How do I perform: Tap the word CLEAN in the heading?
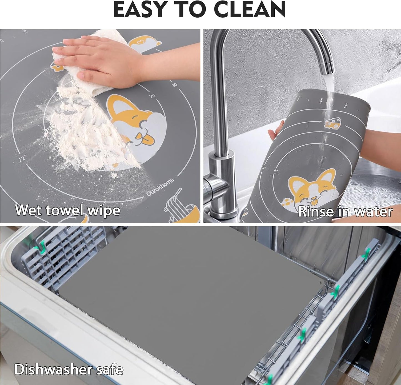[x=250, y=10]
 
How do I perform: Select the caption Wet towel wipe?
[x=68, y=210]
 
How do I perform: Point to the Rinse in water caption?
[x=345, y=212]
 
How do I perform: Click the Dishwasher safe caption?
[x=69, y=369]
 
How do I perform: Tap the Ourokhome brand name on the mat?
[x=160, y=187]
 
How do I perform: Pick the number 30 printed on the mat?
[x=174, y=85]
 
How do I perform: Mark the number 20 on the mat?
[x=152, y=96]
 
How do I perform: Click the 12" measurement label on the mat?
[x=22, y=159]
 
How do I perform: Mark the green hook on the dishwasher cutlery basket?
[x=42, y=245]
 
